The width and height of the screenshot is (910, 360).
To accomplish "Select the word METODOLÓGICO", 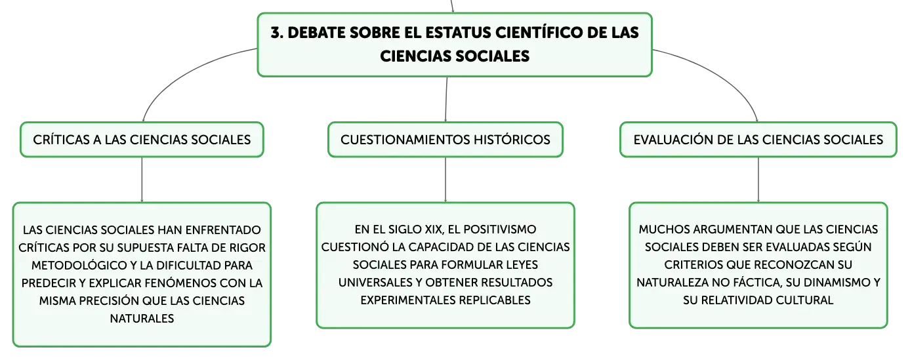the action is click(x=79, y=266).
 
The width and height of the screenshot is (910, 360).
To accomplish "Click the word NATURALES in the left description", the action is click(x=142, y=319).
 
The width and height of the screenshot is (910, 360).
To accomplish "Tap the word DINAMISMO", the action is click(x=836, y=283).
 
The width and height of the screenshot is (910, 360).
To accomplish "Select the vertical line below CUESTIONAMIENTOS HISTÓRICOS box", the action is click(x=445, y=180).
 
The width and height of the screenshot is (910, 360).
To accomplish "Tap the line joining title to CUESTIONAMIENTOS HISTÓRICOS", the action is click(x=446, y=99).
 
